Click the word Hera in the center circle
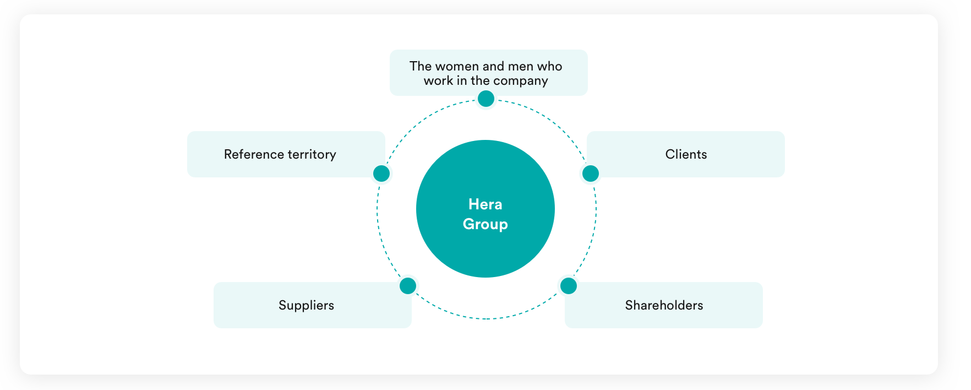[485, 204]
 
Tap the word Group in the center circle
[485, 224]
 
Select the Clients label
[686, 154]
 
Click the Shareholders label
[664, 305]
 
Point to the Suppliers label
[306, 306]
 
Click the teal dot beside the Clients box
[590, 174]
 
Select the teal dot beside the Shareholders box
[568, 286]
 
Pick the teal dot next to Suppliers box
[407, 286]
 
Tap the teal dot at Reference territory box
[381, 174]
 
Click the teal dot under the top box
[485, 99]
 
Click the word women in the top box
[457, 66]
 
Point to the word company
[521, 81]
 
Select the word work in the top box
[438, 80]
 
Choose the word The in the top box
[421, 66]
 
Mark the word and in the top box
[494, 66]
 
